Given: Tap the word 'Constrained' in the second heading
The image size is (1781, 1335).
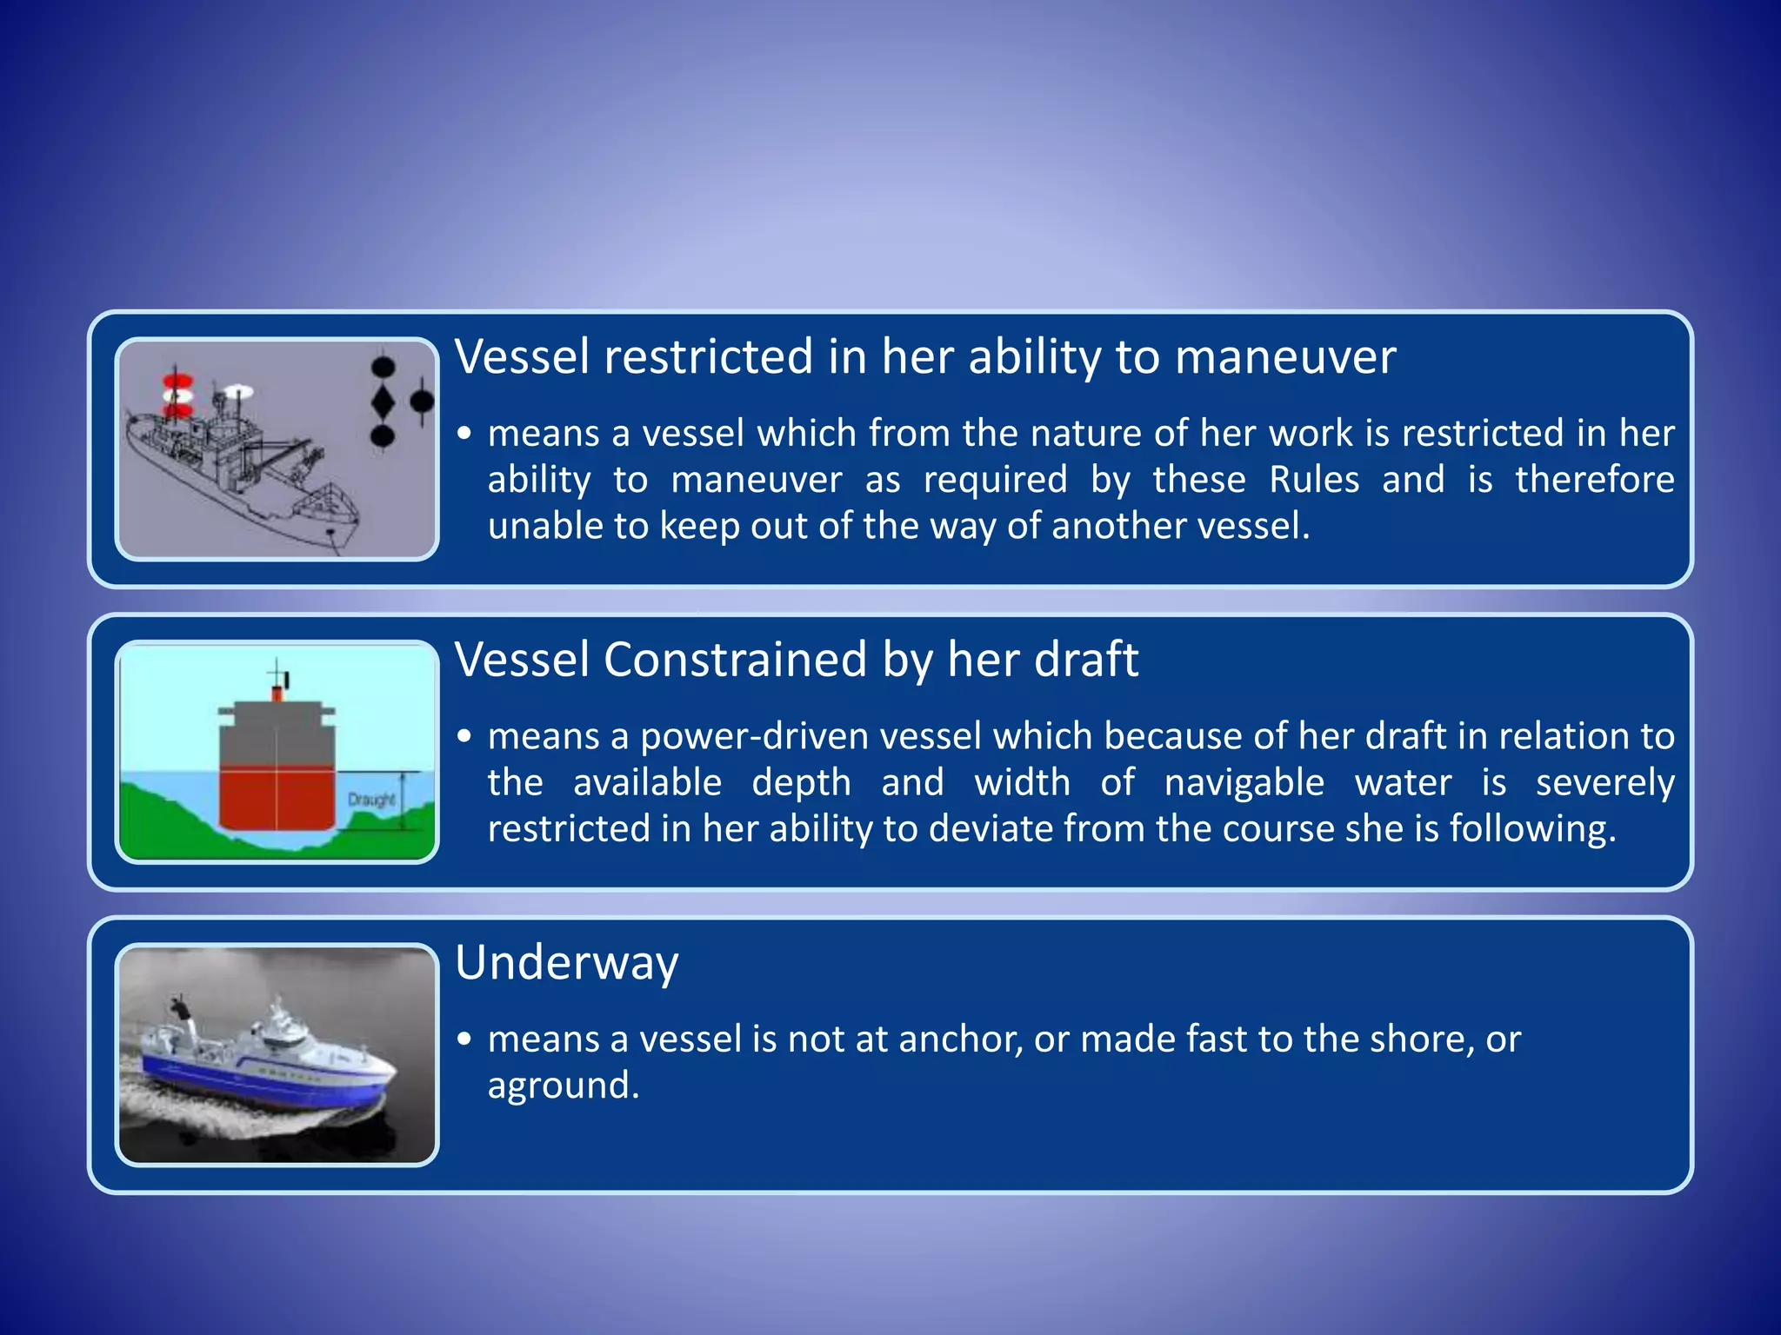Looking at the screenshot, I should [x=735, y=660].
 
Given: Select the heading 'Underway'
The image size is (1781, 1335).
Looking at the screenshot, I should [x=566, y=963].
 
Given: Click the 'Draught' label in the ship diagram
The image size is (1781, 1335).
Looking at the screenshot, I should [x=371, y=799].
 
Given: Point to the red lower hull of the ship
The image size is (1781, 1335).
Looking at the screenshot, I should [x=277, y=798].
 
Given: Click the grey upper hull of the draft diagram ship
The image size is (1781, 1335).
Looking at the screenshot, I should [x=277, y=735].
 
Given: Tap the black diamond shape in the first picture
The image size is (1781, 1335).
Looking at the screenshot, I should [x=383, y=402].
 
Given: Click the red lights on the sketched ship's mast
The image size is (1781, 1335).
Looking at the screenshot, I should [x=177, y=395].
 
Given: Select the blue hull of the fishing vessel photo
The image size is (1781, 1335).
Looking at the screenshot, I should [x=252, y=1077].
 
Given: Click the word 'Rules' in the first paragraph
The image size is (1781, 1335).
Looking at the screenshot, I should [x=1314, y=480].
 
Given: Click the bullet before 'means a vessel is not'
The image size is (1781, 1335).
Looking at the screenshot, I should [x=465, y=1039].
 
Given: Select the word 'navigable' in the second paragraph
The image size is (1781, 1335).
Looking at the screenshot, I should [x=1244, y=783].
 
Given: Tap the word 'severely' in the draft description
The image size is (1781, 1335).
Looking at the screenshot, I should [x=1604, y=783].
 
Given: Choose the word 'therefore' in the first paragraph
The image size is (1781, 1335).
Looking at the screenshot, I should [x=1594, y=480].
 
